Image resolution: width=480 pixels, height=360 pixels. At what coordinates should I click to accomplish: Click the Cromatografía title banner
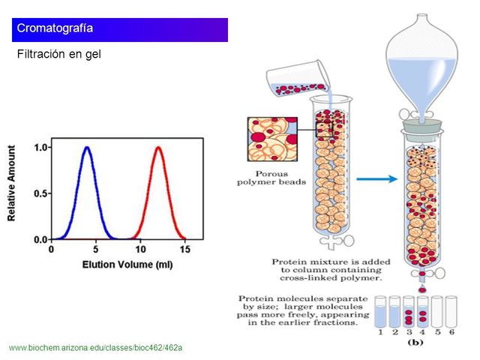[120, 29]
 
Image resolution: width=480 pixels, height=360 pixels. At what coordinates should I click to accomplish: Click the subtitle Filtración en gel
[58, 55]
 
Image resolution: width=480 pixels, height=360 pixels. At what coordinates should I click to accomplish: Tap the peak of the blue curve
[87, 148]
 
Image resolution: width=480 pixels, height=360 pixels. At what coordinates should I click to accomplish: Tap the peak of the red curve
[158, 148]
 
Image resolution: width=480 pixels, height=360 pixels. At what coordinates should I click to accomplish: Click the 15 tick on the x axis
[184, 247]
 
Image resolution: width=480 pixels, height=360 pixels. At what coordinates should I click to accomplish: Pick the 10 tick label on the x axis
[140, 247]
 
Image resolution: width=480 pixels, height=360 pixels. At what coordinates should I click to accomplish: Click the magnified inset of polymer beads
[271, 140]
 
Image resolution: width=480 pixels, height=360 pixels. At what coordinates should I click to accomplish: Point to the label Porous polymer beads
[267, 177]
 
